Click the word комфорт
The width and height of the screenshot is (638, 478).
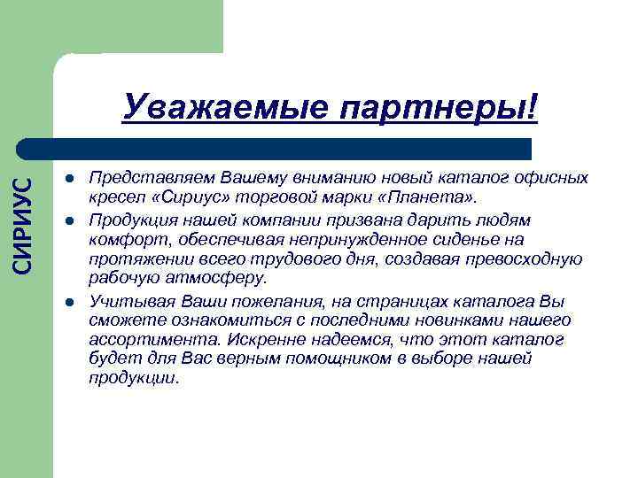(124, 240)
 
